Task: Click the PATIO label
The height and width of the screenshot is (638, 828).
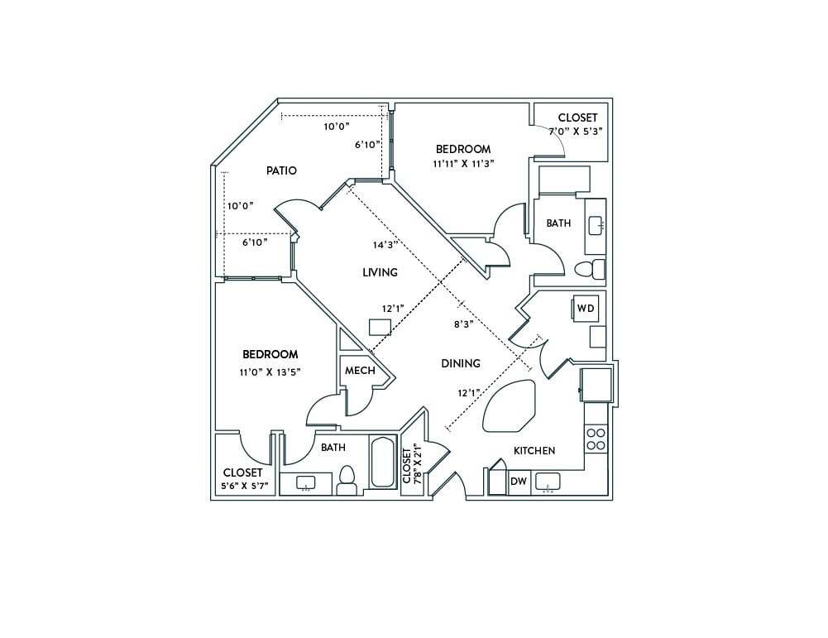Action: [281, 170]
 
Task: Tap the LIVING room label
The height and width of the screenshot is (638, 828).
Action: [380, 272]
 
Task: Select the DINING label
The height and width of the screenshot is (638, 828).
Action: [461, 363]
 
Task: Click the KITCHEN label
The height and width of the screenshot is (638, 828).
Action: [534, 451]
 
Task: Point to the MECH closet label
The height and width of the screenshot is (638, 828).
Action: [360, 371]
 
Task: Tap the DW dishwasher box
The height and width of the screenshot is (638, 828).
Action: [519, 482]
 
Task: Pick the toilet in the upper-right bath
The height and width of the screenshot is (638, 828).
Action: [590, 269]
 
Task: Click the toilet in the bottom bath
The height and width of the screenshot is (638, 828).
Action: [347, 478]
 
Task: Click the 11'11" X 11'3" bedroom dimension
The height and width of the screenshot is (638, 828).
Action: [463, 164]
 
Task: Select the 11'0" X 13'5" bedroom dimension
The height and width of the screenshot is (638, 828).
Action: [270, 372]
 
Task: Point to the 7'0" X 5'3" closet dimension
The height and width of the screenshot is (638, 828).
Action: [576, 131]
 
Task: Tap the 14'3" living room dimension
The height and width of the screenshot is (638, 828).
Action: [385, 244]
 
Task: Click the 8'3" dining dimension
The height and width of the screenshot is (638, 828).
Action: [462, 324]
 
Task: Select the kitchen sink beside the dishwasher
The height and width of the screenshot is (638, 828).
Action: [548, 481]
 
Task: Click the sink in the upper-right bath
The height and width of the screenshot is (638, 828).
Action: [596, 225]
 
